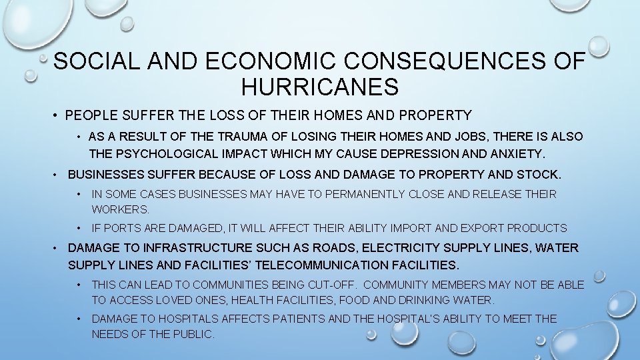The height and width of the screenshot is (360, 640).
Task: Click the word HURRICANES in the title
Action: coord(320,86)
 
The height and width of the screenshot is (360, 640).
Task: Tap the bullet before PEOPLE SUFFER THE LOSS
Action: coord(57,115)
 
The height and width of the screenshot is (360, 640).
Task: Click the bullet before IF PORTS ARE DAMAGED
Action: coord(79,228)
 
